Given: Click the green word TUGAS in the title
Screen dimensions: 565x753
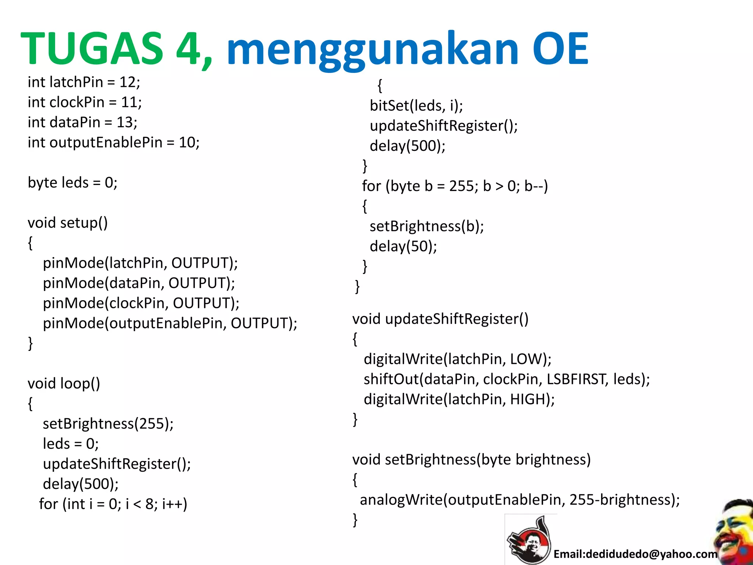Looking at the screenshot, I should pos(92,49).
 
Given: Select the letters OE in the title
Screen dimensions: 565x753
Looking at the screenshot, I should pos(560,49).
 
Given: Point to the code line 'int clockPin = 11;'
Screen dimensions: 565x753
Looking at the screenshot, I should pos(85,102).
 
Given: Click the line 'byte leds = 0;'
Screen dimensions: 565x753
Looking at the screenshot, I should pos(72,183).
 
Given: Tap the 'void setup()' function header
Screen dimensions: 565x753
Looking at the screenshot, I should pos(68,223).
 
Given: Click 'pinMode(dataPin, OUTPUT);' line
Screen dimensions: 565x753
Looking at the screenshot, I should pos(139,283).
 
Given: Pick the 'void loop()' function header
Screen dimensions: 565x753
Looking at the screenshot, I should pos(64,384).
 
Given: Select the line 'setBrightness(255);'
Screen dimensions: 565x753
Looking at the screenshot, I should pos(108,424).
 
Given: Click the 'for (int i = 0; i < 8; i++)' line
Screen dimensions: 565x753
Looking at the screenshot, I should pos(113,504).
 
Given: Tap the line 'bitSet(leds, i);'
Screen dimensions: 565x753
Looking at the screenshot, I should pos(416,106).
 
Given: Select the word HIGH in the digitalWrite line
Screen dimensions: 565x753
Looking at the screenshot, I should pos(527,399).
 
